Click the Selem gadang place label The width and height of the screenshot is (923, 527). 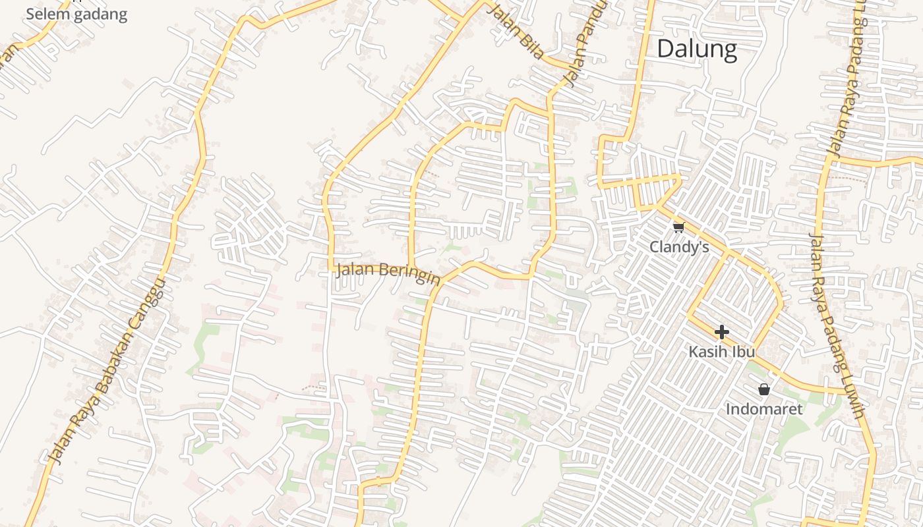point(76,14)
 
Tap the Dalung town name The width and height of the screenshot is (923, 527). point(697,49)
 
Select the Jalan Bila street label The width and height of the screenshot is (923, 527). point(515,30)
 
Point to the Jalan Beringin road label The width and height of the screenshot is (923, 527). point(388,273)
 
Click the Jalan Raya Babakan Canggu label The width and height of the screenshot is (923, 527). point(105,369)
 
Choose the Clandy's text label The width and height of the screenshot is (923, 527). point(679,247)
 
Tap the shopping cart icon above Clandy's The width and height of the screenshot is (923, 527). point(678,227)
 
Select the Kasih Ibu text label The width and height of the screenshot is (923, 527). point(721,352)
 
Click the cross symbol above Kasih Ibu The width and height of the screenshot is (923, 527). point(722,331)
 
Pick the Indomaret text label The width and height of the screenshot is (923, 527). point(764,409)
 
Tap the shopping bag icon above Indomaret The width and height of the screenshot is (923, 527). point(764,389)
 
